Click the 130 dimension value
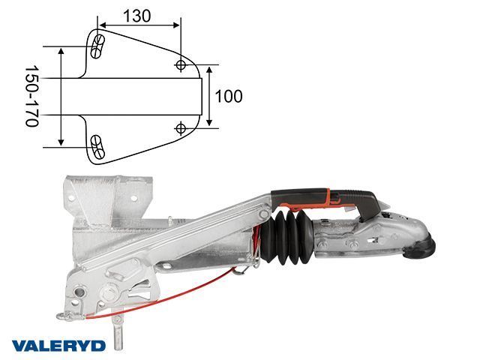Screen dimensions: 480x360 pos(136,16)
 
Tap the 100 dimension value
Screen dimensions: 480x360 pos(229,96)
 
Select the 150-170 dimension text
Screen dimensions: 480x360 pos(31,96)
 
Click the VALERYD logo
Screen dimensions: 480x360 pos(58,346)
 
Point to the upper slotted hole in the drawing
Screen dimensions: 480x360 pos(97,46)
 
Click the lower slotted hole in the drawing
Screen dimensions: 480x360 pos(97,147)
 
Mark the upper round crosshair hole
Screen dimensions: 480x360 pos(181,65)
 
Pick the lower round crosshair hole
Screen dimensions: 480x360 pos(181,128)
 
